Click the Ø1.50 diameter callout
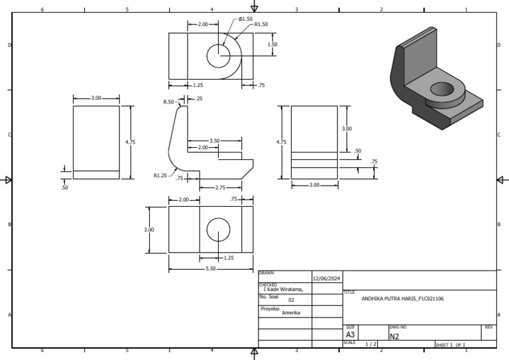pyautogui.click(x=246, y=19)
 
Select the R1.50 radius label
pyautogui.click(x=261, y=24)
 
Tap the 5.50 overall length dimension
pyautogui.click(x=211, y=269)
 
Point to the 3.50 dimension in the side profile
pyautogui.click(x=214, y=141)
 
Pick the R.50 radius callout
pyautogui.click(x=169, y=102)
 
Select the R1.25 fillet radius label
pyautogui.click(x=160, y=176)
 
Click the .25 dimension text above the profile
pyautogui.click(x=199, y=99)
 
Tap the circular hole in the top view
pyautogui.click(x=218, y=56)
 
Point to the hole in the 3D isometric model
pyautogui.click(x=443, y=90)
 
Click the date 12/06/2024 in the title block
pyautogui.click(x=326, y=278)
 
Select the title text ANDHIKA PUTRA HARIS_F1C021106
pyautogui.click(x=402, y=299)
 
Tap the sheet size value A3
pyautogui.click(x=351, y=335)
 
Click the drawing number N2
pyautogui.click(x=394, y=336)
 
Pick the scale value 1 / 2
pyautogui.click(x=371, y=343)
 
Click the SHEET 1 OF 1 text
pyautogui.click(x=451, y=345)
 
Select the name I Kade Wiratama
pyautogui.click(x=283, y=289)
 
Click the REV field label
pyautogui.click(x=488, y=328)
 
